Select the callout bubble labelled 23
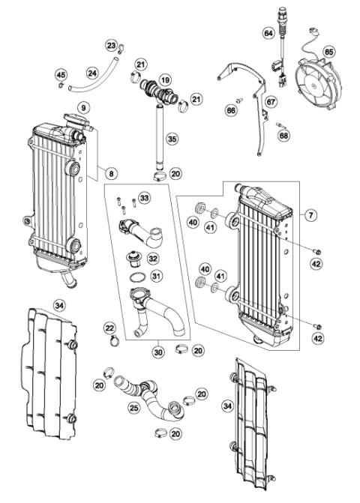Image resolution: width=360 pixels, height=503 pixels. tap(111, 46)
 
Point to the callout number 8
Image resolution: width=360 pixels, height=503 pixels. tap(111, 174)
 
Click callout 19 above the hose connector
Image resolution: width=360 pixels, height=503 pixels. tap(165, 79)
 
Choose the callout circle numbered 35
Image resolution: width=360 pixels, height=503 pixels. tap(172, 139)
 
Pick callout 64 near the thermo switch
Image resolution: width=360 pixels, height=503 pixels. tap(268, 33)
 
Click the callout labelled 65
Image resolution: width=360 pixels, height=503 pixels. tap(328, 52)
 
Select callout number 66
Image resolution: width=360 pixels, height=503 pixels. tap(230, 111)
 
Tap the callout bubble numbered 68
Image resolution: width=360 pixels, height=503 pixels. tap(283, 136)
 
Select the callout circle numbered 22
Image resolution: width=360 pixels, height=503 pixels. tap(109, 328)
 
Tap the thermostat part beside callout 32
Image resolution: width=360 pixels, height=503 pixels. tap(136, 260)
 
